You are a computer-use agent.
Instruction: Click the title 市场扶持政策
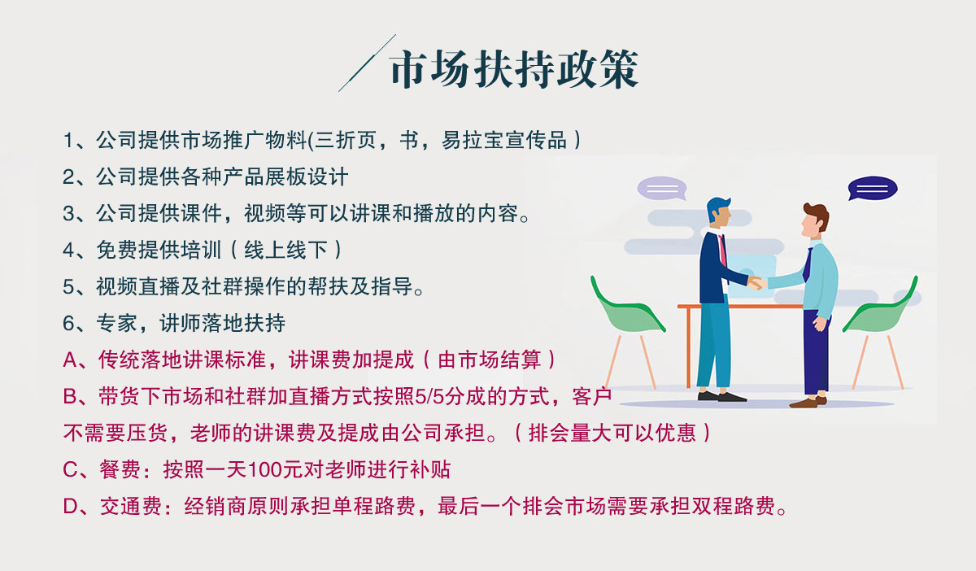pos(514,69)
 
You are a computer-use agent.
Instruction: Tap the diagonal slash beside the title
pos(367,63)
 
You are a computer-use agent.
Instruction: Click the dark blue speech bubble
pos(872,188)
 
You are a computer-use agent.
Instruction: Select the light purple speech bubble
pos(662,188)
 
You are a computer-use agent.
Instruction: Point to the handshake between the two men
pos(756,283)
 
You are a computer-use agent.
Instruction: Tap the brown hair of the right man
pos(817,216)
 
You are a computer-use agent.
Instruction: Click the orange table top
pos(740,307)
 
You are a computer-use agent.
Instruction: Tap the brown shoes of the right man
pos(808,402)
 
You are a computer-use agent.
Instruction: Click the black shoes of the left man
pos(721,396)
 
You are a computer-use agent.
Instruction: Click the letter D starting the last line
pos(70,507)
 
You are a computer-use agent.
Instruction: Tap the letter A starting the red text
pos(70,360)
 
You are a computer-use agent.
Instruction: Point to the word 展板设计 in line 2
pos(307,177)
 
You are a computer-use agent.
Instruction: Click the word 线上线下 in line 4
pos(285,251)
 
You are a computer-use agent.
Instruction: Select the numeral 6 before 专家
pos(68,324)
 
